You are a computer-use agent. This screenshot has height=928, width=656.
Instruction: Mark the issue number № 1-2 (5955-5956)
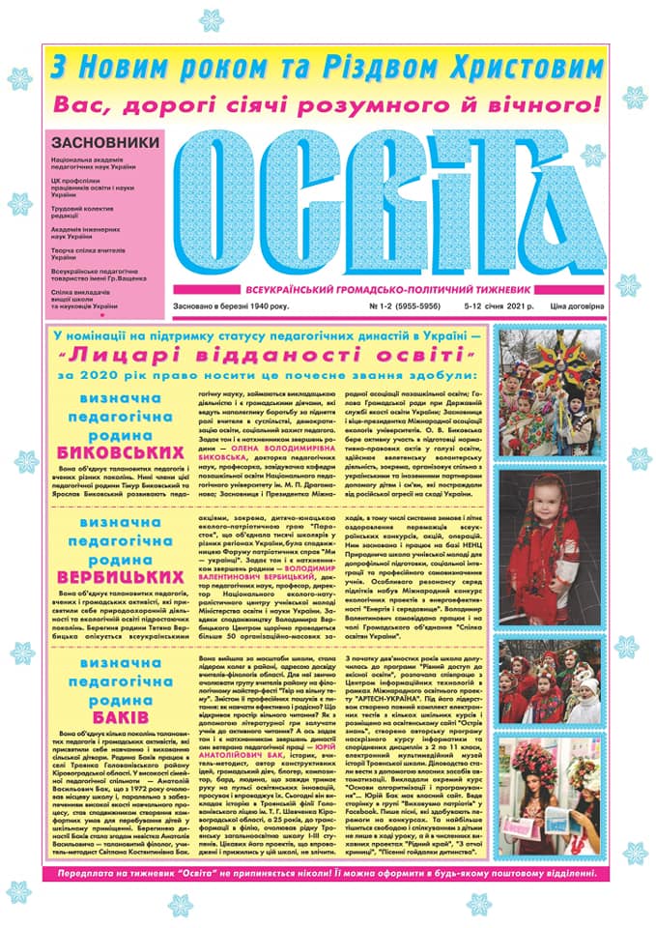click(381, 305)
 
